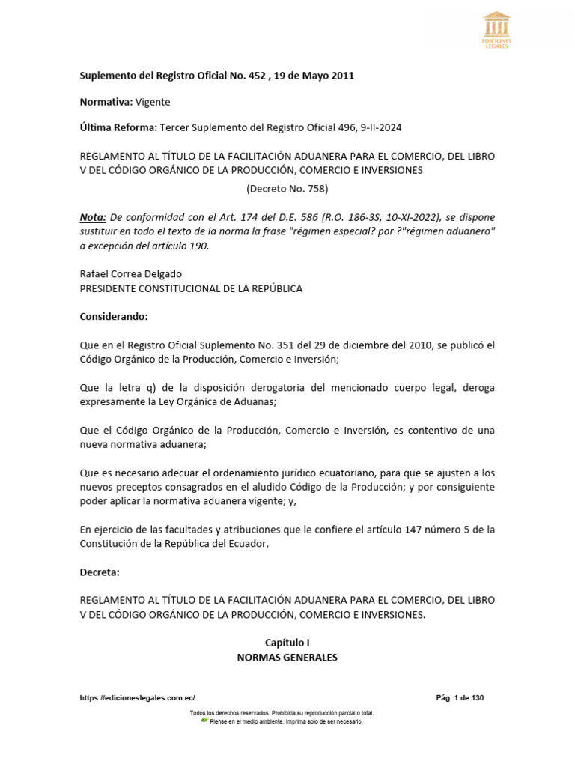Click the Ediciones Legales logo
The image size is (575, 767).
click(496, 30)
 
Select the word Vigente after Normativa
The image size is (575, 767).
click(153, 102)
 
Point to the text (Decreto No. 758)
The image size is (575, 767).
click(287, 188)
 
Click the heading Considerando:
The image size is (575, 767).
click(114, 317)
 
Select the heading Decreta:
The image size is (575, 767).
click(100, 573)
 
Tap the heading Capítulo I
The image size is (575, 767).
click(287, 643)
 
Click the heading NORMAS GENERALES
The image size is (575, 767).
click(287, 658)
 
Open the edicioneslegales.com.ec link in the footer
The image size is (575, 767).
click(137, 697)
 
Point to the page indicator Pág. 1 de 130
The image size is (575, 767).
click(460, 697)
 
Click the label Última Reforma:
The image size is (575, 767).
click(118, 128)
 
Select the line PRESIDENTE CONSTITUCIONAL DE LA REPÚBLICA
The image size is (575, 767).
click(191, 288)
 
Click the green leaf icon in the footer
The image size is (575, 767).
click(204, 720)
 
